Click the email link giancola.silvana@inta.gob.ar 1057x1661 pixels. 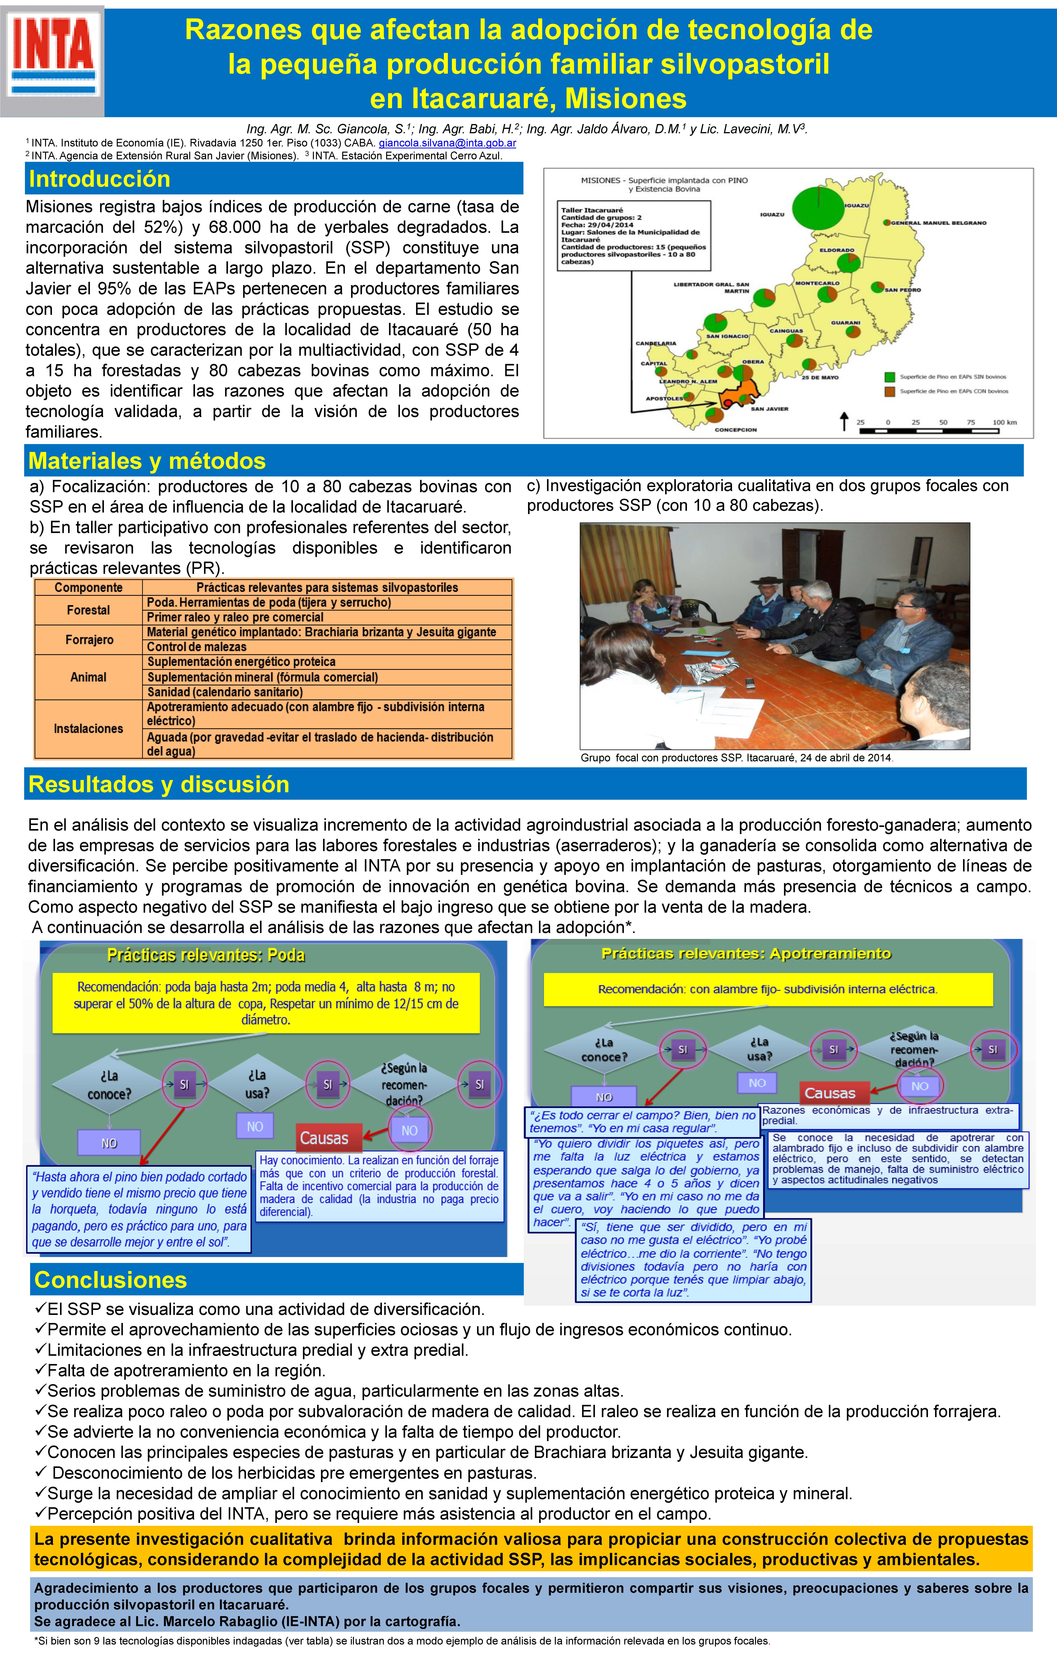[x=447, y=143]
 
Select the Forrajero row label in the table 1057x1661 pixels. [x=89, y=639]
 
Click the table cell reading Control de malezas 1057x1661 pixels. [x=197, y=647]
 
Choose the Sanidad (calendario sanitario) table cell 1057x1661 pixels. [x=225, y=692]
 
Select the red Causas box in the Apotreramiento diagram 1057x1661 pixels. [x=829, y=1093]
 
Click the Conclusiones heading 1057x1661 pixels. [x=110, y=1280]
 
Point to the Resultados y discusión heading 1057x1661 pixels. [x=159, y=784]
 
